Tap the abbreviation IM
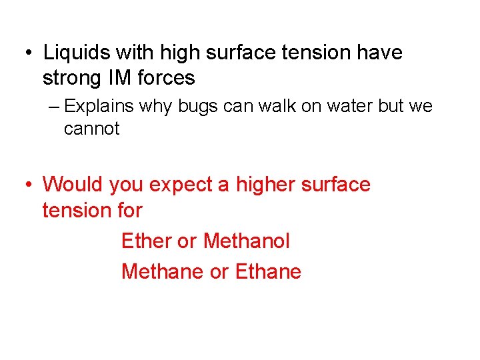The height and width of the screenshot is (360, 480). point(119,78)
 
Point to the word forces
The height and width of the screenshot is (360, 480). point(166,78)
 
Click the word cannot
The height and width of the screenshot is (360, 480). point(91,129)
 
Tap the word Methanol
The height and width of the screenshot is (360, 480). point(247,241)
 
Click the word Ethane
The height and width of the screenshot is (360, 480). point(269,271)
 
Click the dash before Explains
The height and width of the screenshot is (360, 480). point(53,107)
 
